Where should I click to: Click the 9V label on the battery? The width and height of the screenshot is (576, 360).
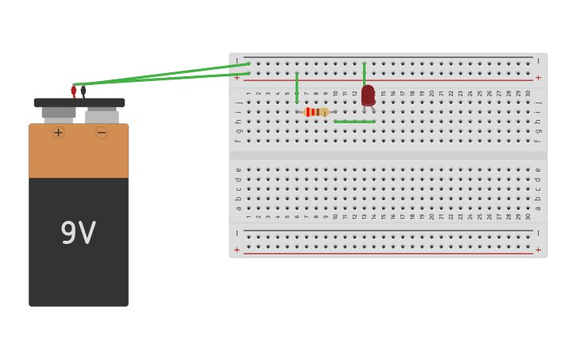click(x=78, y=234)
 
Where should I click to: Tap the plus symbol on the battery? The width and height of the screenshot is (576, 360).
click(x=58, y=133)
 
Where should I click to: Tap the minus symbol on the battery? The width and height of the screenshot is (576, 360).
click(x=102, y=133)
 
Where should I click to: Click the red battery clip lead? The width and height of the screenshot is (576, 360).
click(x=74, y=92)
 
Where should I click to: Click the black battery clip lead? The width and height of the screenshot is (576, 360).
click(x=83, y=92)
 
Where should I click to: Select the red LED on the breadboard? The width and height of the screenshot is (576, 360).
click(x=367, y=96)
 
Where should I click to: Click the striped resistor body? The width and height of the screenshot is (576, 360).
click(x=316, y=112)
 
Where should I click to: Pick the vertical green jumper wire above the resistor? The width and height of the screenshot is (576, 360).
click(x=297, y=87)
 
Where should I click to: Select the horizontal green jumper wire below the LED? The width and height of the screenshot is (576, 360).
click(x=354, y=122)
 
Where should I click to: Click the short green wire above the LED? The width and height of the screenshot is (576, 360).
click(x=365, y=74)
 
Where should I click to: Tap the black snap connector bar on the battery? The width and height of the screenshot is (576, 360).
click(x=79, y=103)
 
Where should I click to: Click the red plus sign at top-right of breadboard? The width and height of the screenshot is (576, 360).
click(x=538, y=78)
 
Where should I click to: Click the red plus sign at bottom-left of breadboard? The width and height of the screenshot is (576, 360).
click(x=237, y=250)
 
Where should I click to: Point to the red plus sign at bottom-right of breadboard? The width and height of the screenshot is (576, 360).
click(x=538, y=250)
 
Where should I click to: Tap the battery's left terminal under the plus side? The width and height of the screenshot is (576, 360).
click(x=58, y=114)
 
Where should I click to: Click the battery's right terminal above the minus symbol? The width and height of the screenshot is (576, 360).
click(x=102, y=116)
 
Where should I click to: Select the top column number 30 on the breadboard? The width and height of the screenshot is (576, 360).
click(x=528, y=93)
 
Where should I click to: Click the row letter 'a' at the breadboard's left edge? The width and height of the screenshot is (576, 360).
click(x=238, y=208)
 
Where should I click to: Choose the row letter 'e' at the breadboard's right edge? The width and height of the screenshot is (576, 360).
click(x=538, y=169)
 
